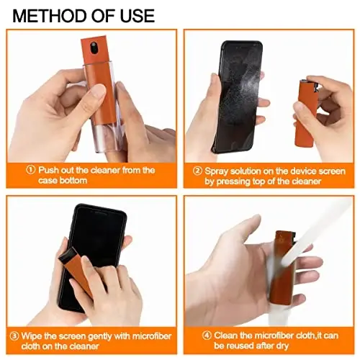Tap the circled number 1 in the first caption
point(30,170)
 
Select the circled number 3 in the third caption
point(14,334)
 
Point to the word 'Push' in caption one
point(50,170)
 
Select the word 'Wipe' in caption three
point(34,334)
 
